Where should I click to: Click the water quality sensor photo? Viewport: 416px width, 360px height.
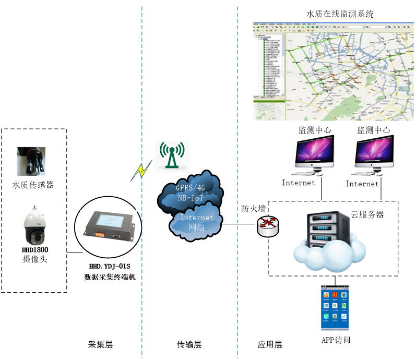[x=31, y=161]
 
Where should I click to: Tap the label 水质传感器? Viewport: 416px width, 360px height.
[x=33, y=185]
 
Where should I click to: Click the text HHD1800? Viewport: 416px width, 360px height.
[x=35, y=250]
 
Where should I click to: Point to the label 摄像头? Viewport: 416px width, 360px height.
[x=34, y=259]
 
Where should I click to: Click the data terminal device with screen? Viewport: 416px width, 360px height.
[x=108, y=226]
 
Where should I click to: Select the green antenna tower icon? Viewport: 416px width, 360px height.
[x=172, y=157]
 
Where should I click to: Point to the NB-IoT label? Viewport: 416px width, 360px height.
[x=190, y=197]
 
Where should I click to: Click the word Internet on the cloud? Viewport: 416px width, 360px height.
[x=196, y=217]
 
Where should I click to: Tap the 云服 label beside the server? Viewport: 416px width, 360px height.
[x=359, y=214]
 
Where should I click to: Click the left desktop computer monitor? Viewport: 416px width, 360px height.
[x=313, y=155]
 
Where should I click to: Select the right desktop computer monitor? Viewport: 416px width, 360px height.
[x=372, y=155]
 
